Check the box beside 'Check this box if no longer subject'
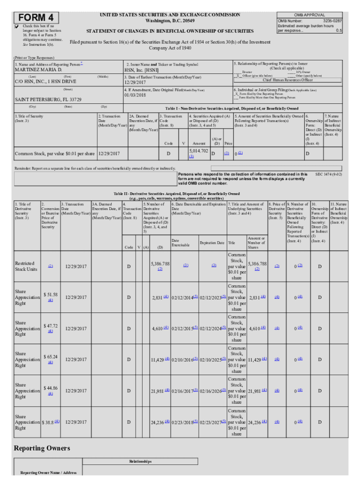click(x=17, y=27)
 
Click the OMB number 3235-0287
click(x=332, y=21)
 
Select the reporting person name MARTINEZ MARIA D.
click(x=39, y=70)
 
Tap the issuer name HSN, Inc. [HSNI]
click(x=143, y=70)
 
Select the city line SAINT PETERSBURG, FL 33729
click(x=48, y=100)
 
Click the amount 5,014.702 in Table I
click(x=198, y=151)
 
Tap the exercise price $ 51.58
click(x=50, y=294)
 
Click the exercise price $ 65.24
click(x=50, y=356)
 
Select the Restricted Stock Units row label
click(x=26, y=266)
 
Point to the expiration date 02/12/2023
click(x=211, y=298)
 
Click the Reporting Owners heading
click(x=42, y=448)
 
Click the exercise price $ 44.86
click(x=50, y=388)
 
